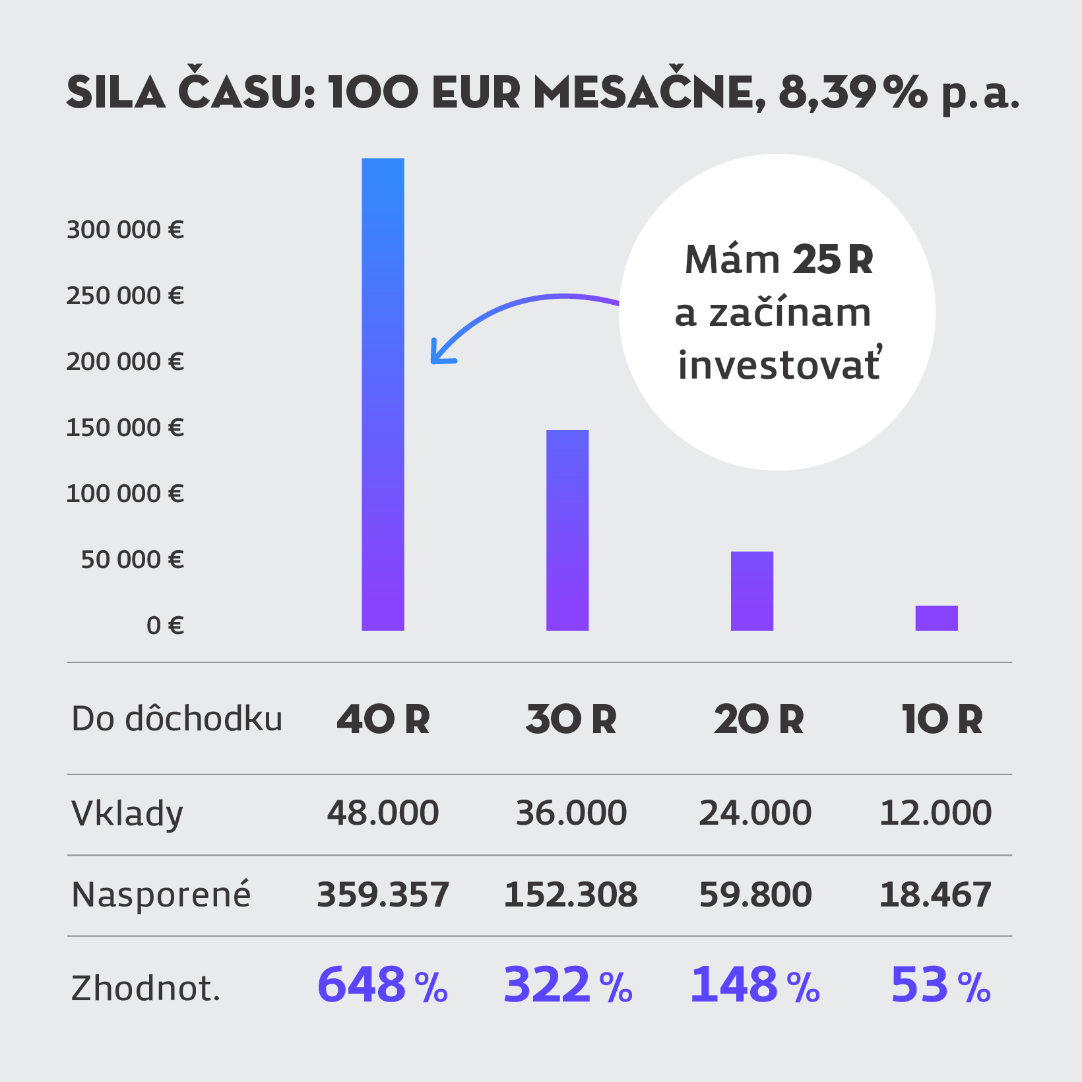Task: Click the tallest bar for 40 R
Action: point(383,396)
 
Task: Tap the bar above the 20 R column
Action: point(752,590)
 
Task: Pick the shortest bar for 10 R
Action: point(936,618)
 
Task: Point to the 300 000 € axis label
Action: point(125,230)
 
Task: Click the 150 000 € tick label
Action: point(125,428)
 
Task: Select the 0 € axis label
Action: point(165,625)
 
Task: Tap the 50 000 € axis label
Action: point(132,560)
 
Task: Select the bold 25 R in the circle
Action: point(833,260)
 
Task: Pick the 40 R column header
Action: point(383,719)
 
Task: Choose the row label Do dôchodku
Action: point(177,719)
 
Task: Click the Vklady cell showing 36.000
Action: point(571,813)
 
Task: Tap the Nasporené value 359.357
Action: point(383,895)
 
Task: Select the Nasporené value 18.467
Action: point(935,895)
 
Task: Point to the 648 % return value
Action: point(383,985)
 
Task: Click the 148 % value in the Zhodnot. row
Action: point(755,985)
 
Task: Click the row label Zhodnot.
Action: point(145,988)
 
